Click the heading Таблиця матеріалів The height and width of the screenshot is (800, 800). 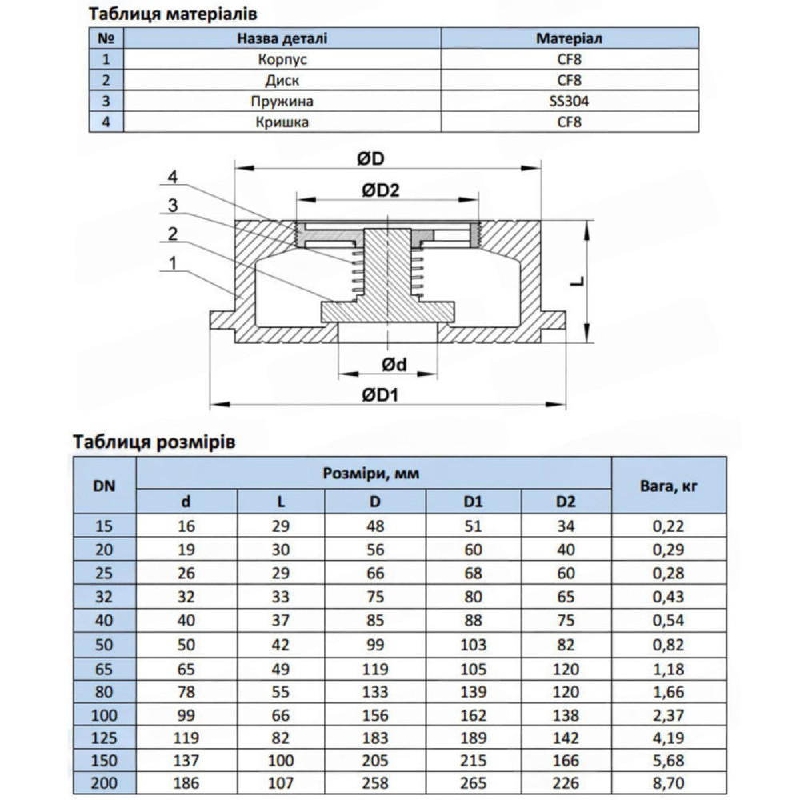(173, 14)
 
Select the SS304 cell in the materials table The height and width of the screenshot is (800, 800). (569, 101)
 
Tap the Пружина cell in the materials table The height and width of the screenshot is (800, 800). (282, 101)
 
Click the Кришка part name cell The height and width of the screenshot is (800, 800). (282, 122)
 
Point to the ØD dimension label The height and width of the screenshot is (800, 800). (370, 158)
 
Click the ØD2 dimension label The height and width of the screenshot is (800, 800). (381, 190)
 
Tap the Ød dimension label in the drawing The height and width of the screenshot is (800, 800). (394, 364)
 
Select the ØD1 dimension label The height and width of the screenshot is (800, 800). (380, 394)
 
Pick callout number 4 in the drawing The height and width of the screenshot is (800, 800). (173, 177)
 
